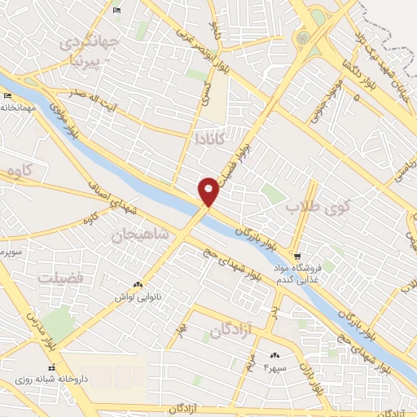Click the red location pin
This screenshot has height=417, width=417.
coord(209,191)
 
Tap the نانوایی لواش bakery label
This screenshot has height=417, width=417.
coord(141,297)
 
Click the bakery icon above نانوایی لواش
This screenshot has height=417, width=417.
coord(138,284)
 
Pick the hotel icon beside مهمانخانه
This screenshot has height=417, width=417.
coord(8,98)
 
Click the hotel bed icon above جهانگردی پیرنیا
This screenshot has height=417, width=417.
coord(117,10)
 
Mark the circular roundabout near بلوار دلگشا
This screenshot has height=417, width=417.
coord(303,37)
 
